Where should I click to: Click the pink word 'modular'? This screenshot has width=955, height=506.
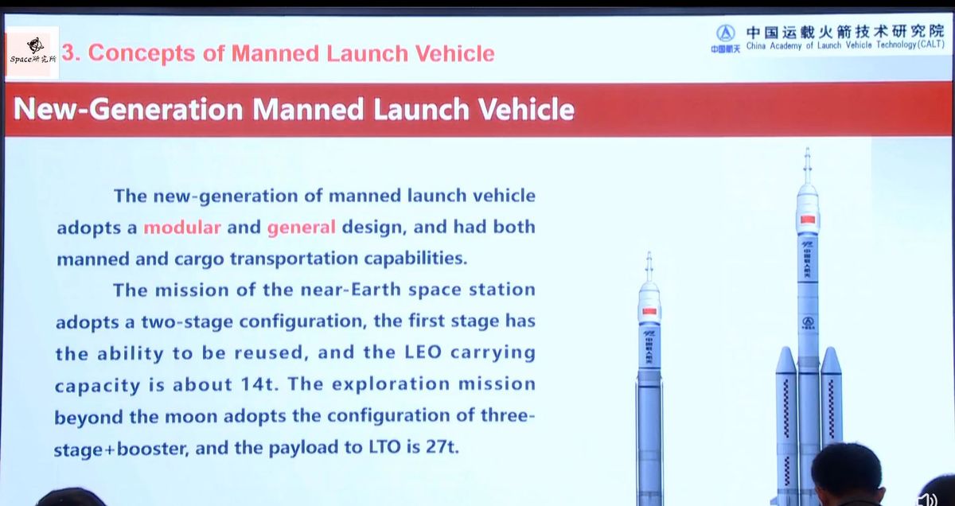181,228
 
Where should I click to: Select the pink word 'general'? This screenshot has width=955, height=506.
301,228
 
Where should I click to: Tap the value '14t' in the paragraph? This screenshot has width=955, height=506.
259,385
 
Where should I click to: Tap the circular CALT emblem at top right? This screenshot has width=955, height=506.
724,33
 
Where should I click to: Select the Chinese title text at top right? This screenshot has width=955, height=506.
844,33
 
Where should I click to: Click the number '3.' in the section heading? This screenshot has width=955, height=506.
72,53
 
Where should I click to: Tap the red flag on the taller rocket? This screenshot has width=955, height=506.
808,219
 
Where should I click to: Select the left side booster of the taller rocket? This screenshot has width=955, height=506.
785,422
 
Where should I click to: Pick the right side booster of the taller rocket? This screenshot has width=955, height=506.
831,398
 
